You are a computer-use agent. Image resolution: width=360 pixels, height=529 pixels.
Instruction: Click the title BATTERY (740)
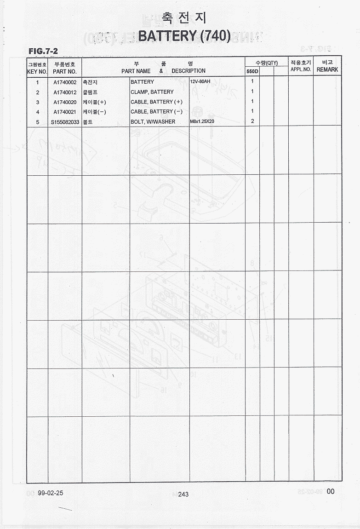[x=184, y=36]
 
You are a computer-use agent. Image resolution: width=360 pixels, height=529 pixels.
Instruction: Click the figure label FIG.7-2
[x=43, y=51]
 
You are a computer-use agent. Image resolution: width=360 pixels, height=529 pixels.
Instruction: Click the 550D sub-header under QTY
[x=252, y=72]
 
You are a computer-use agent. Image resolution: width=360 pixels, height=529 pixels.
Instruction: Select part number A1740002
[x=65, y=82]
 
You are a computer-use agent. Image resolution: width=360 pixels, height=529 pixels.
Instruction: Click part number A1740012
[x=65, y=92]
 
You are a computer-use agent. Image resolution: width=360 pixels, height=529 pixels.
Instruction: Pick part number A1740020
[x=65, y=102]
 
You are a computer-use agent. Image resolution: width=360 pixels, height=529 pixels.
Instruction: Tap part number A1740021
[x=65, y=112]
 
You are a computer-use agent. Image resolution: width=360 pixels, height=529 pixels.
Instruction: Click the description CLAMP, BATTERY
[x=152, y=92]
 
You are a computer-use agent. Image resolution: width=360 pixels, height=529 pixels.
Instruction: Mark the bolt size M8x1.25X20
[x=202, y=121]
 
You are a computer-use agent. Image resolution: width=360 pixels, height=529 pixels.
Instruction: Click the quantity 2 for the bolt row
[x=252, y=121]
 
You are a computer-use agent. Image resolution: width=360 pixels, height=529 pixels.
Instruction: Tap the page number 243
[x=183, y=494]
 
